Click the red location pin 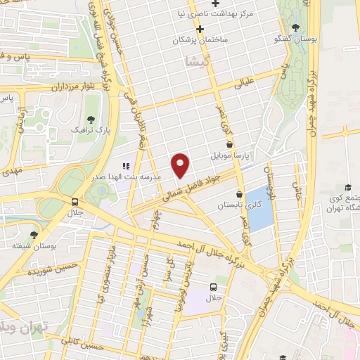click(x=181, y=165)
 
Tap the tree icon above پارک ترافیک click(x=89, y=118)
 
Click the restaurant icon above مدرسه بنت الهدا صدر click(x=125, y=166)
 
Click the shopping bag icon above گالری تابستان click(x=240, y=194)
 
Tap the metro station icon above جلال click(x=75, y=201)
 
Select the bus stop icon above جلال click(x=212, y=288)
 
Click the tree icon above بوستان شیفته click(x=34, y=236)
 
